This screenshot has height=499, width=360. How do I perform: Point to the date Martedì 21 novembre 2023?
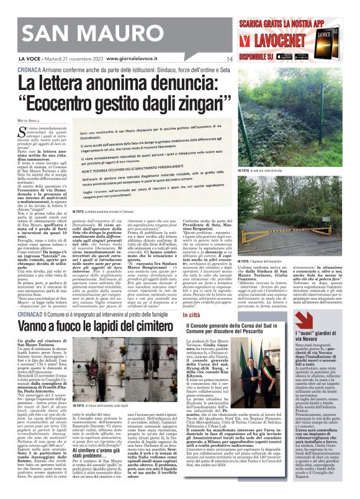pyautogui.click(x=70, y=60)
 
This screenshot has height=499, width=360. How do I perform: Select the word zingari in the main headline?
pyautogui.click(x=193, y=100)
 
